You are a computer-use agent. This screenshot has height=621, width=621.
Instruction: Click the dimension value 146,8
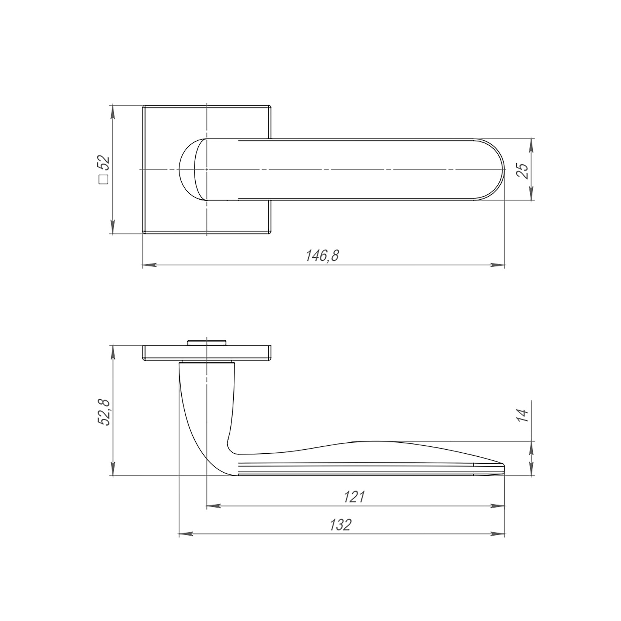[322, 256]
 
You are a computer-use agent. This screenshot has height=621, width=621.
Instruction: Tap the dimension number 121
[354, 496]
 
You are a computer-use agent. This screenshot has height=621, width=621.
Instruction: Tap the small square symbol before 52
[104, 180]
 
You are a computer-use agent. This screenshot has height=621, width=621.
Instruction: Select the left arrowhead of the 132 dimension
[186, 534]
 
